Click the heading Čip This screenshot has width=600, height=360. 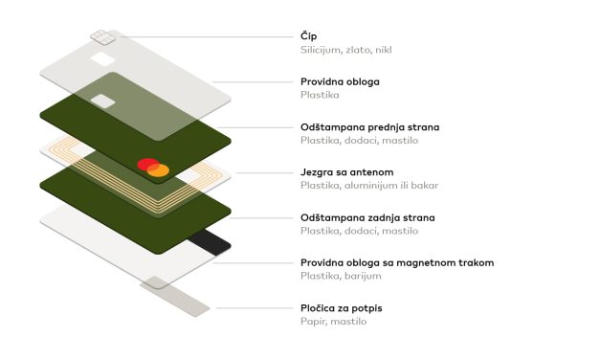point(309,35)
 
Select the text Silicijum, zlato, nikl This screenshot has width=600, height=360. point(344,49)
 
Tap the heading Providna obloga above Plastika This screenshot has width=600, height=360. point(340,81)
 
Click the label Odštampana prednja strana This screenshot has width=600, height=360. point(370,126)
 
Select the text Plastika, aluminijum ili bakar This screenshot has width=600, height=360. point(369,186)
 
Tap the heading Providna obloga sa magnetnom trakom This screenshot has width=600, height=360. point(397,262)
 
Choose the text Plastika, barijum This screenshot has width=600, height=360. point(342,276)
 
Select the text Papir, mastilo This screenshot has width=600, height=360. point(334,322)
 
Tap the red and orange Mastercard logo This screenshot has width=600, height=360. point(152,168)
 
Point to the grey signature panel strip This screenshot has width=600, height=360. point(174,296)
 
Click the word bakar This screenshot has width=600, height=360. point(425,186)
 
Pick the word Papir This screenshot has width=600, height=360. point(314,322)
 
